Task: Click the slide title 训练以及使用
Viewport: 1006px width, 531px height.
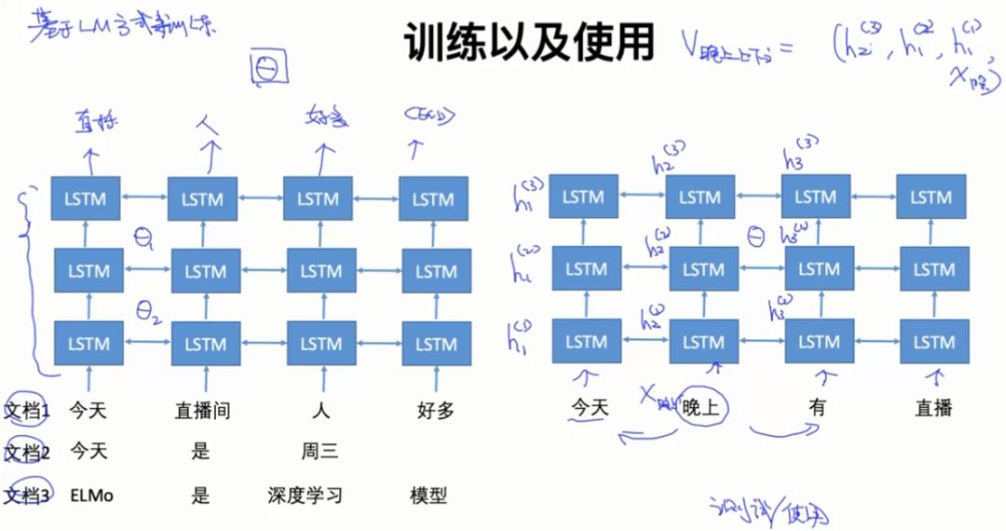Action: [x=530, y=43]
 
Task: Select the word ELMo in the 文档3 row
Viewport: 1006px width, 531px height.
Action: [x=91, y=496]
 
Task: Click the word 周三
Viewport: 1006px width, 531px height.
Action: [x=319, y=453]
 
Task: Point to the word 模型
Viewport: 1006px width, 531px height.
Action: [x=428, y=496]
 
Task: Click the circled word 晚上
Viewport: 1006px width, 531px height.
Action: [x=704, y=408]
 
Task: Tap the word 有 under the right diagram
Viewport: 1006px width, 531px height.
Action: [x=817, y=408]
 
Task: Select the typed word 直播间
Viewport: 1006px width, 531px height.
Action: [x=202, y=410]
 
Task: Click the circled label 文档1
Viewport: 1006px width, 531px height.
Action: [x=27, y=410]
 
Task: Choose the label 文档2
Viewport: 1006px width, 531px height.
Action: [x=27, y=453]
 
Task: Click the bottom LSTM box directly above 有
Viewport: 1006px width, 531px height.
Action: [x=818, y=341]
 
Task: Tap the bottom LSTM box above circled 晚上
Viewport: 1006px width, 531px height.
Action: [x=702, y=341]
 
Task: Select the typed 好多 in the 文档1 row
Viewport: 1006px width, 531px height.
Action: [x=434, y=410]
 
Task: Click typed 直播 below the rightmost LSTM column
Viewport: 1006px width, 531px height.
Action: [x=933, y=408]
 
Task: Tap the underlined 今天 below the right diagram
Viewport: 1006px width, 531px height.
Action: [x=589, y=408]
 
